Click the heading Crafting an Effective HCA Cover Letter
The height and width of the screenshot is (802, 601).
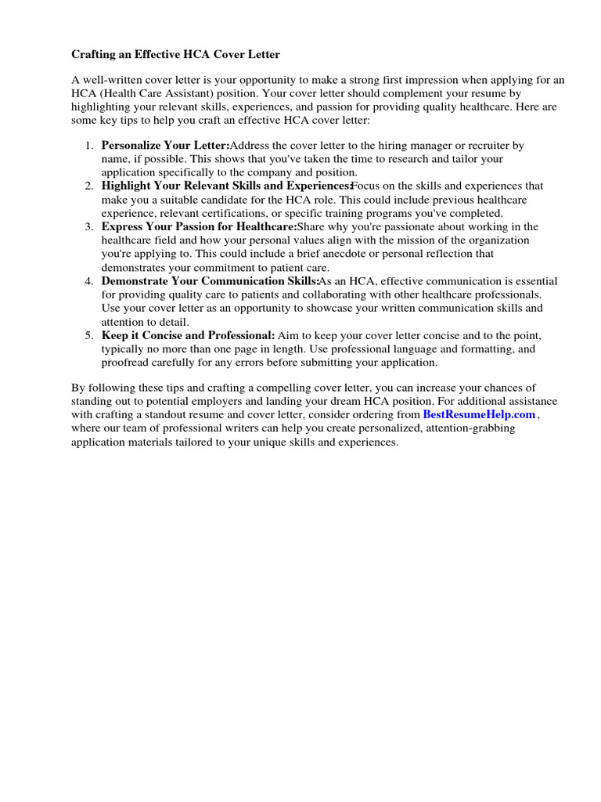click(175, 55)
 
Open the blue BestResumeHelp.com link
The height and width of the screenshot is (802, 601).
click(479, 414)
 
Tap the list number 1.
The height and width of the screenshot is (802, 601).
click(88, 146)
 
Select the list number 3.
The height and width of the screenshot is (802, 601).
click(88, 227)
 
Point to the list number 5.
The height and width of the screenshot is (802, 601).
click(88, 335)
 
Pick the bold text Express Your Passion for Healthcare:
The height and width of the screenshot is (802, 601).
click(200, 227)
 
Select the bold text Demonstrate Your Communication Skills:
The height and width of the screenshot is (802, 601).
click(211, 281)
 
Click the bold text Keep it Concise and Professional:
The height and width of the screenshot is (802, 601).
click(188, 335)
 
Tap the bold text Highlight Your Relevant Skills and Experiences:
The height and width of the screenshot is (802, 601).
click(227, 186)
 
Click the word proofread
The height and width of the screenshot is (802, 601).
click(128, 362)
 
